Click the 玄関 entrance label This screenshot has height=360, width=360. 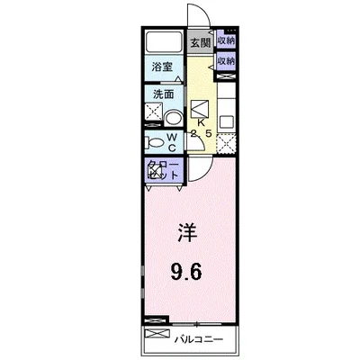click(x=199, y=42)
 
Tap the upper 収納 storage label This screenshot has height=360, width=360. click(x=226, y=40)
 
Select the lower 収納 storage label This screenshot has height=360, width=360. click(x=226, y=61)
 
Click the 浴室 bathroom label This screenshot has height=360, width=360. click(x=162, y=67)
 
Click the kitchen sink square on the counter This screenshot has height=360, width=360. click(x=226, y=121)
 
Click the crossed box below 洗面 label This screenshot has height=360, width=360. click(x=153, y=114)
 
